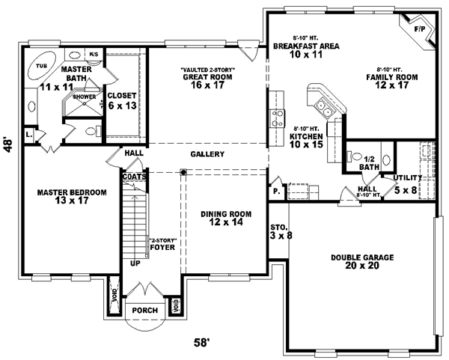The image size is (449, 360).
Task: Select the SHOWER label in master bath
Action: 85,97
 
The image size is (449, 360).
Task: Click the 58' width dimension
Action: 201,343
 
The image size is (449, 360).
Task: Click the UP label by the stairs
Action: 135,264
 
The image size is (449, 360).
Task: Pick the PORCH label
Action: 144,310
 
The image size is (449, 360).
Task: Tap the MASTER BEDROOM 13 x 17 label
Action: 72,197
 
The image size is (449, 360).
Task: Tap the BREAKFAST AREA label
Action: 306,50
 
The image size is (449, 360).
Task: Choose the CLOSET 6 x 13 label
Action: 121,100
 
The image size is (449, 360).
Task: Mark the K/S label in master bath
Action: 94,55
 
